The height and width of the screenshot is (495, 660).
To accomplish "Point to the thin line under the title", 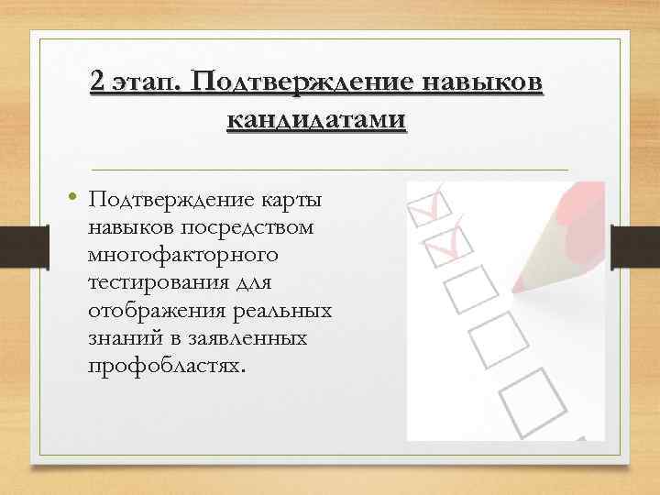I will click(330, 170).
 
